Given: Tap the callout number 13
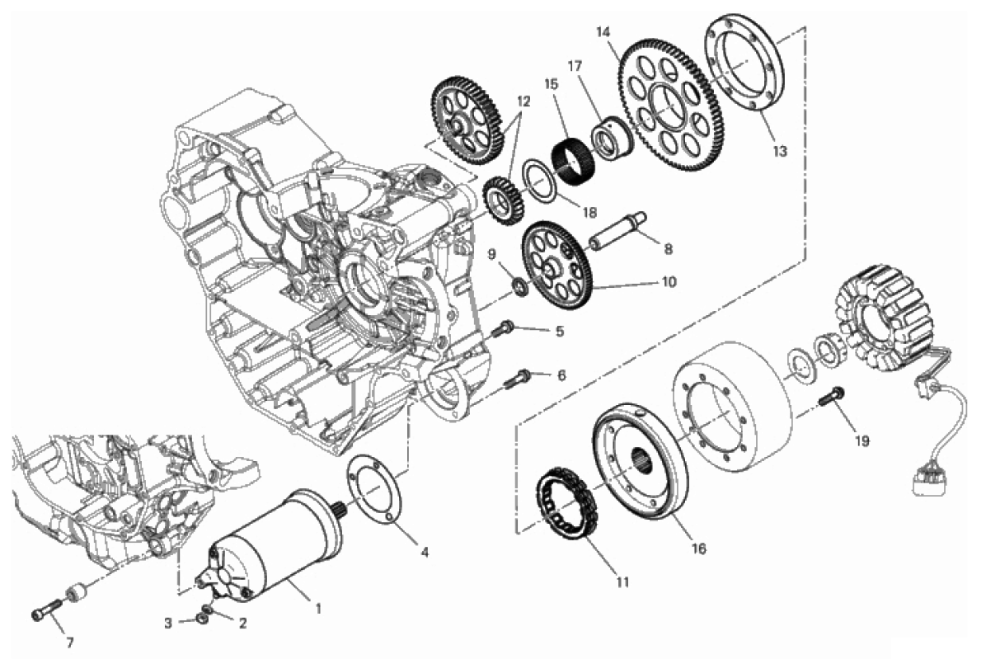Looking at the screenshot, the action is coord(780,152).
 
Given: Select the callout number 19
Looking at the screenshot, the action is coord(862,442).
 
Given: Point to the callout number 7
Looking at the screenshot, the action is coord(70,643).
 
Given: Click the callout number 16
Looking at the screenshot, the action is coord(698,549).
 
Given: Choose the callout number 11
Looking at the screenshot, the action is coord(622,583).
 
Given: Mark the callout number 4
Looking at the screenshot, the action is coord(425,553).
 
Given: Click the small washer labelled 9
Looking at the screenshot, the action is coord(520,288).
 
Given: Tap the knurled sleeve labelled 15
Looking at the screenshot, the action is coord(572,162).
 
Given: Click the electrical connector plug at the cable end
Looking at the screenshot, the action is coord(924,481).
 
